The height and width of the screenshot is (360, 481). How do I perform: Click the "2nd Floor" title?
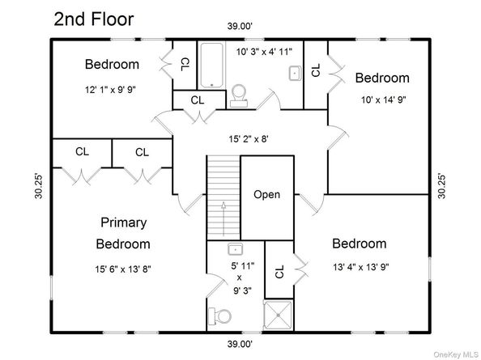pyautogui.click(x=94, y=19)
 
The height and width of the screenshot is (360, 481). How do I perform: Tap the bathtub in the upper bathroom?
pyautogui.click(x=211, y=65)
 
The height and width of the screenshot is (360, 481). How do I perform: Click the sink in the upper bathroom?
pyautogui.click(x=295, y=74)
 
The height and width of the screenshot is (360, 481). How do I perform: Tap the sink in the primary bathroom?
pyautogui.click(x=236, y=249)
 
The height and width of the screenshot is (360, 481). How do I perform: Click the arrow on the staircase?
pyautogui.click(x=223, y=218)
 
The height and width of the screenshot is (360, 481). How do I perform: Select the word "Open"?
pyautogui.click(x=266, y=194)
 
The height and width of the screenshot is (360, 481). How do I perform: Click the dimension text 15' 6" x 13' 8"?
pyautogui.click(x=123, y=269)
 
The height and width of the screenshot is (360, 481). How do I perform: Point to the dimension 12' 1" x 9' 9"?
pyautogui.click(x=110, y=90)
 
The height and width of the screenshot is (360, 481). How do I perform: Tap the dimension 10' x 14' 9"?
pyautogui.click(x=384, y=100)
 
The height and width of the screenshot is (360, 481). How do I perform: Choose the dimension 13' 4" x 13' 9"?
pyautogui.click(x=361, y=267)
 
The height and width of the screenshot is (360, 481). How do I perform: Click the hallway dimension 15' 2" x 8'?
pyautogui.click(x=249, y=139)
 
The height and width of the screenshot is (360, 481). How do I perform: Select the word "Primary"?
pyautogui.click(x=124, y=222)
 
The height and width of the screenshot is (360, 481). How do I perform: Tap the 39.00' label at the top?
pyautogui.click(x=240, y=26)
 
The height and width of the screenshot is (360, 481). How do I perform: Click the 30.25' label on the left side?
pyautogui.click(x=39, y=186)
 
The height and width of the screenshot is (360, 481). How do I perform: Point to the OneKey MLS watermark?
pyautogui.click(x=456, y=354)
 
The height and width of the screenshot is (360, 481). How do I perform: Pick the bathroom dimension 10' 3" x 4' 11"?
pyautogui.click(x=264, y=52)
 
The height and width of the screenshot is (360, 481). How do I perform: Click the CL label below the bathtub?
pyautogui.click(x=198, y=100)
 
